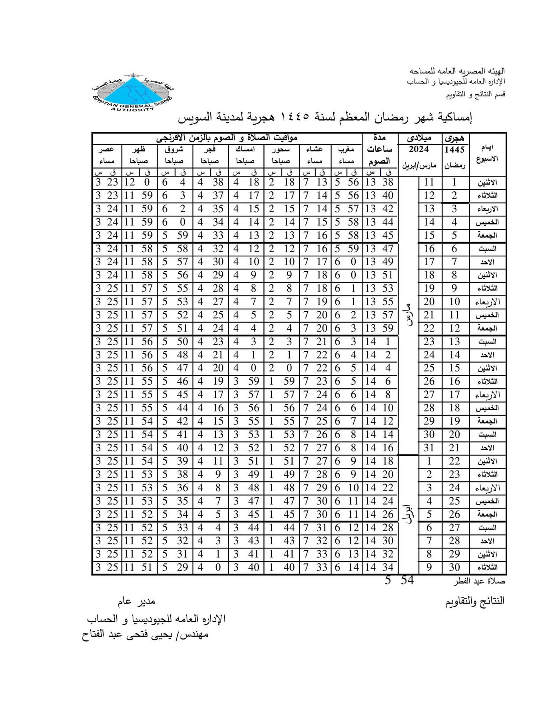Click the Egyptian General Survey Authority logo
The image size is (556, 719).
point(132,93)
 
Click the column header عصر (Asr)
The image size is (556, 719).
point(107,150)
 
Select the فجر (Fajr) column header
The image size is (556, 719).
point(209,150)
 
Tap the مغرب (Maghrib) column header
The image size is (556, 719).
point(346,150)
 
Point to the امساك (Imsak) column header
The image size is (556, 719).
point(245,150)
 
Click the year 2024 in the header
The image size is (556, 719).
point(418,150)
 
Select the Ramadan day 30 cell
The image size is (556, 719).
point(454,567)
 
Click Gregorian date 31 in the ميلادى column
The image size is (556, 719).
point(429,448)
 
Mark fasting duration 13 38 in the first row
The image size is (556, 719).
point(379,183)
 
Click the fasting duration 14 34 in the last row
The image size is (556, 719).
point(379,567)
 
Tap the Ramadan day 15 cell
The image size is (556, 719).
point(454,368)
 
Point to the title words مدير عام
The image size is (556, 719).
point(136,601)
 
